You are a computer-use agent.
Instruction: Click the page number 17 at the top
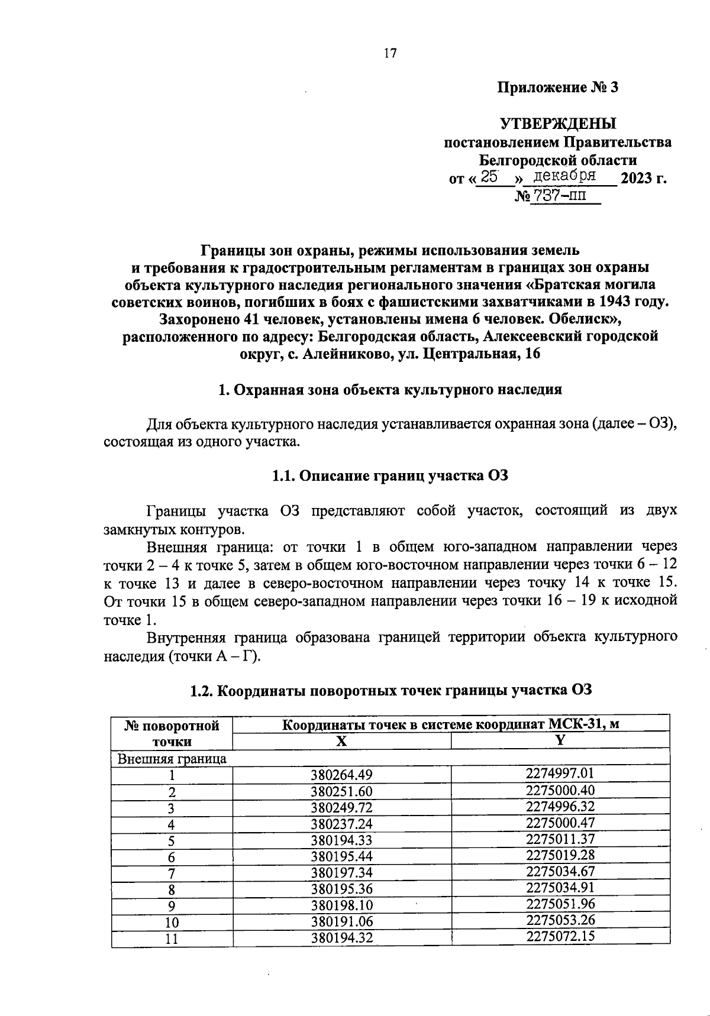[x=390, y=54]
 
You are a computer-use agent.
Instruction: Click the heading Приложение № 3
[x=557, y=88]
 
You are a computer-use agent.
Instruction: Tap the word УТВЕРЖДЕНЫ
[x=558, y=124]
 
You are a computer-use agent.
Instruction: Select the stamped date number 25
[x=490, y=176]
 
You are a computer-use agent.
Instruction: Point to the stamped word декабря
[x=564, y=176]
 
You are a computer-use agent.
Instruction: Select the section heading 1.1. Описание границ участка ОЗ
[x=390, y=476]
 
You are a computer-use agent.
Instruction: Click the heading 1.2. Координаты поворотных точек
[x=390, y=690]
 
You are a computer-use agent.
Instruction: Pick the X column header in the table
[x=341, y=741]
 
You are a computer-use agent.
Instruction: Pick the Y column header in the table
[x=560, y=740]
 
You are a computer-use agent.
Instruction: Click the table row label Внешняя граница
[x=172, y=759]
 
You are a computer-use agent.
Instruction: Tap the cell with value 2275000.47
[x=560, y=823]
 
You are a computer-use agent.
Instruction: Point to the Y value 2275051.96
[x=560, y=904]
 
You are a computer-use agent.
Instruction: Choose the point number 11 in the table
[x=172, y=939]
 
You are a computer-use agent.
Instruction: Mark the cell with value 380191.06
[x=341, y=921]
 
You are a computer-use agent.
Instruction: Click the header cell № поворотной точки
[x=172, y=733]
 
